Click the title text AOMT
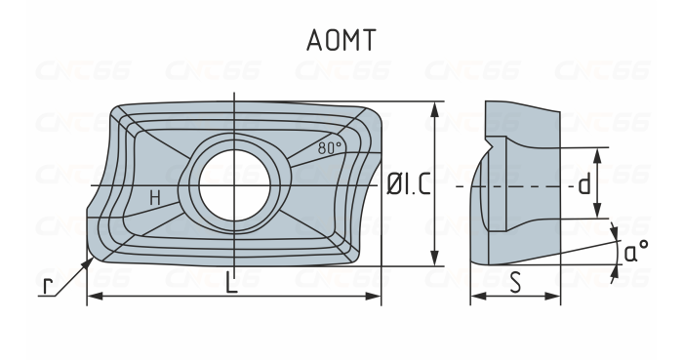(x=341, y=41)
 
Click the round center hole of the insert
(x=234, y=183)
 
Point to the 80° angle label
(x=331, y=148)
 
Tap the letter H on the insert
(x=154, y=198)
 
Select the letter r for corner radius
(x=47, y=286)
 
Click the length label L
(x=231, y=284)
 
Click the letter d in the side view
(x=583, y=183)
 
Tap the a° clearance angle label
(x=636, y=252)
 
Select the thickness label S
(x=514, y=283)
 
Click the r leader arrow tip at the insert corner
(x=92, y=260)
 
